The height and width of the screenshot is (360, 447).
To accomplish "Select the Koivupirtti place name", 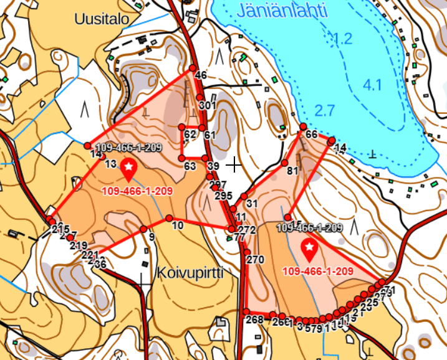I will point(190,273).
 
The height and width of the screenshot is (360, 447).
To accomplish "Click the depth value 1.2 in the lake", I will point(342,39).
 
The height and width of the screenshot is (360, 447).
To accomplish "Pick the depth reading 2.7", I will point(325,111).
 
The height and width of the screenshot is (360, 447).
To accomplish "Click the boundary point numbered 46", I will point(193,69).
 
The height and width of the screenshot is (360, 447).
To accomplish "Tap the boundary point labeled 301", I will point(199,97).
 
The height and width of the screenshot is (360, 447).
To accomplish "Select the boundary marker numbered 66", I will point(304,127).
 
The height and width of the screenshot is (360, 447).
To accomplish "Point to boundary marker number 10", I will point(170,218).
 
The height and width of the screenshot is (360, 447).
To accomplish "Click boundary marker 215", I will point(50,220).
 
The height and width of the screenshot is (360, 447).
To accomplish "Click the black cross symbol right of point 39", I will point(234,165).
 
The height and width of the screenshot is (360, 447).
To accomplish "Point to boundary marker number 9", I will point(143,229).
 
